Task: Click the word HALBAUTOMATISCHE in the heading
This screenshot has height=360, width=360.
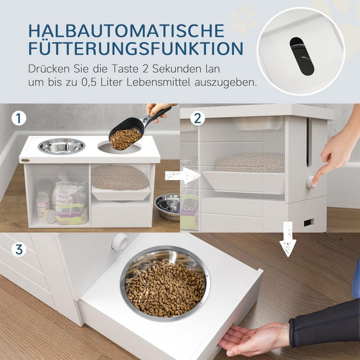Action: (127, 31)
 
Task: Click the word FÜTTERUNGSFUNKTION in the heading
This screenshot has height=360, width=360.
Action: (136, 49)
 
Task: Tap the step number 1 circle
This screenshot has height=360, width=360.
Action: (18, 118)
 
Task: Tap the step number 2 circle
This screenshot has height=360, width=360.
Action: (197, 118)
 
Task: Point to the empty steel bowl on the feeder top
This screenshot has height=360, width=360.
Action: (61, 146)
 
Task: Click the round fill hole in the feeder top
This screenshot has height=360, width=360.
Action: (119, 148)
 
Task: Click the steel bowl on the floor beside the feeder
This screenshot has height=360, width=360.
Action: (167, 207)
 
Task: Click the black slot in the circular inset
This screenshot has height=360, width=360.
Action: (301, 56)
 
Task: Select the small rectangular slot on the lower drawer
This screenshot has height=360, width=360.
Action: (308, 223)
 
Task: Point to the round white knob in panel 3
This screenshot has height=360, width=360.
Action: (120, 242)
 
